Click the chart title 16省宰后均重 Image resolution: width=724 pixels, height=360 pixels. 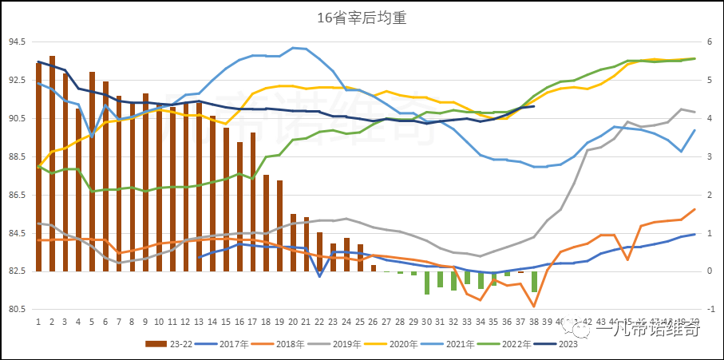click(362, 18)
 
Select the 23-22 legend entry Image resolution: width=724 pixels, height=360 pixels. click(167, 345)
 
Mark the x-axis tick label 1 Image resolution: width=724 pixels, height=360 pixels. click(38, 322)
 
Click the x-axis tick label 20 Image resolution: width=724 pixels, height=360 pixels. click(294, 322)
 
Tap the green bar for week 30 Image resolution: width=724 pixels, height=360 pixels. click(427, 283)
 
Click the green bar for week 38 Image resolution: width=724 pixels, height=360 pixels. click(534, 281)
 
